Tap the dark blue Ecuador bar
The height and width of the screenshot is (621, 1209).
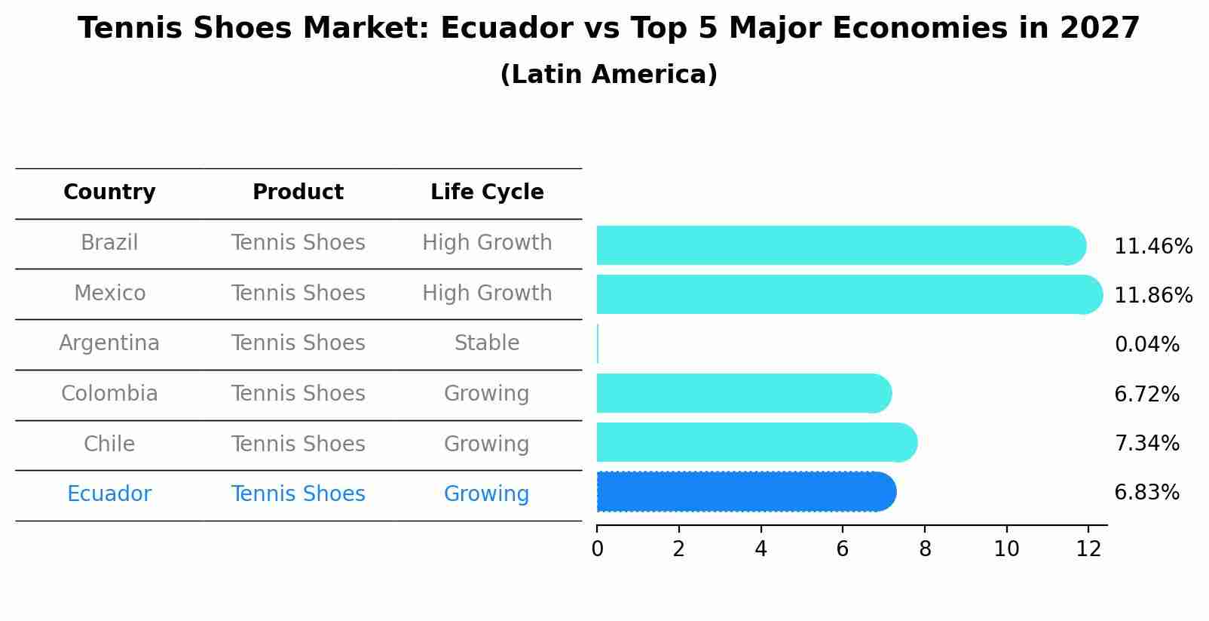(746, 492)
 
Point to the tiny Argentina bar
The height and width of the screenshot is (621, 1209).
(598, 344)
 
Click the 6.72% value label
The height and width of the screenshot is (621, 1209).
(1146, 394)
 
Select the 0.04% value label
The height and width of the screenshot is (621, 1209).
(1146, 345)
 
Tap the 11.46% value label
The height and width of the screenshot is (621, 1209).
(1152, 247)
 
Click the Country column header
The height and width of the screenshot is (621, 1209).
(109, 192)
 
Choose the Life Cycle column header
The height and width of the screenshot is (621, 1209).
(487, 192)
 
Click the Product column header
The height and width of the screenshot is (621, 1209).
(298, 192)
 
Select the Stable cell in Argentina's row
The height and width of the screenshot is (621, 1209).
(487, 343)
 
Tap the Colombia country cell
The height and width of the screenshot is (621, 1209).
(109, 394)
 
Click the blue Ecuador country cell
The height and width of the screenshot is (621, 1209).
(109, 494)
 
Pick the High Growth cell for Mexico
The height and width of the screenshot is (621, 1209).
(487, 293)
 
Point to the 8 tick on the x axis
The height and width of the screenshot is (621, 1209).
(925, 549)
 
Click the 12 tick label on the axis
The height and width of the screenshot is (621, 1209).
(1088, 549)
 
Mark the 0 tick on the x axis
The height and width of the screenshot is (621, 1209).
(597, 549)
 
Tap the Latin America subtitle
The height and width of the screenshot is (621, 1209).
(608, 75)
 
